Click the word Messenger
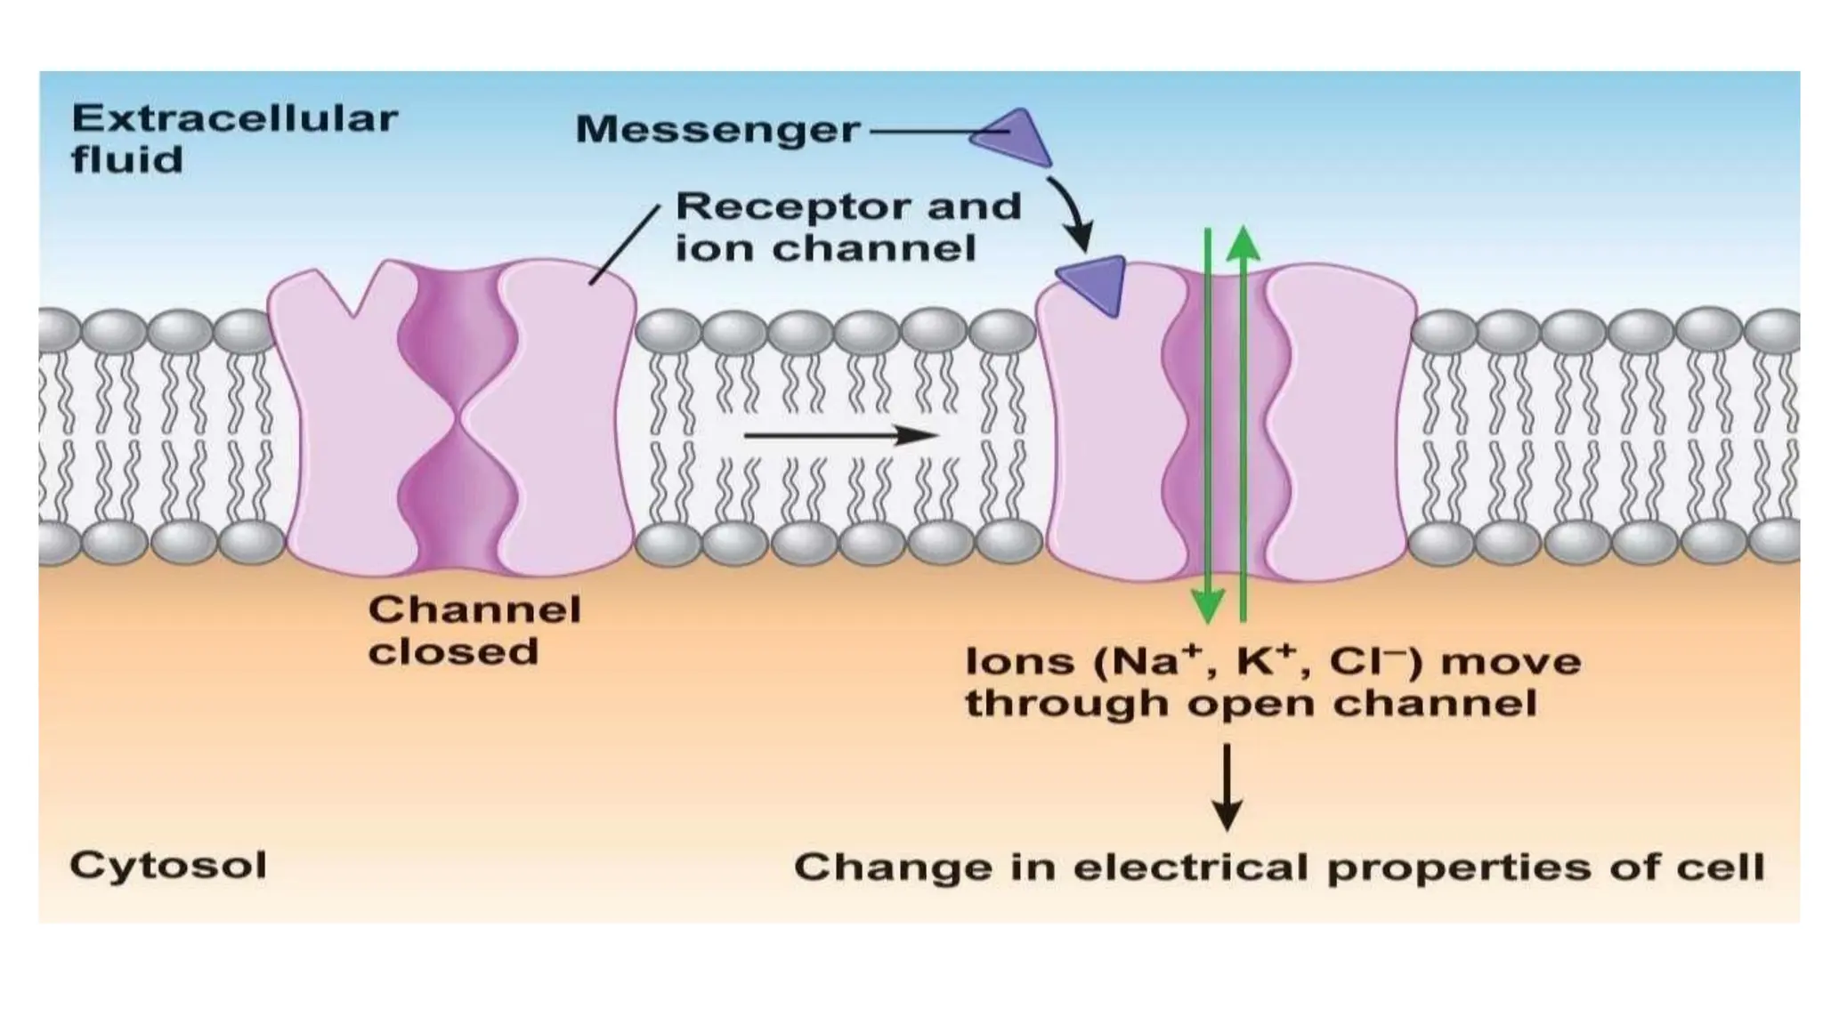tap(717, 130)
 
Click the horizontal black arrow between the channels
tap(840, 435)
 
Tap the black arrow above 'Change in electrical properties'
tap(1227, 787)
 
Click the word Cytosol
tap(168, 865)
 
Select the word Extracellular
tap(235, 118)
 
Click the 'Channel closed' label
tap(474, 630)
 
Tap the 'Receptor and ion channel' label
tap(847, 227)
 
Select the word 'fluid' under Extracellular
tap(127, 160)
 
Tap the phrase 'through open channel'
tap(1252, 704)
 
